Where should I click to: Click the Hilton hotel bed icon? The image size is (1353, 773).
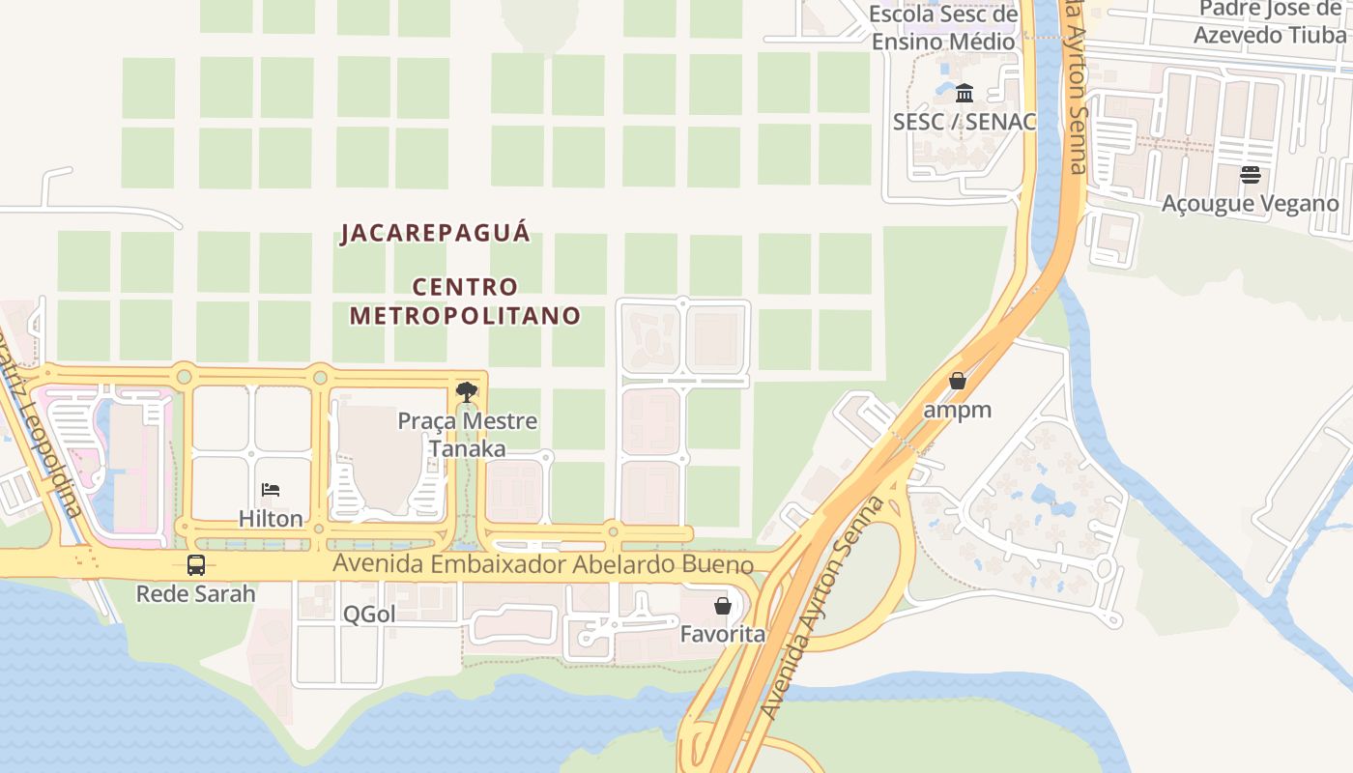271,490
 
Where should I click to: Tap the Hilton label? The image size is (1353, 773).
271,519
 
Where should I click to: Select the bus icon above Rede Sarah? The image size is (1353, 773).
196,565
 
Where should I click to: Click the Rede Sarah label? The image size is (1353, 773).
196,593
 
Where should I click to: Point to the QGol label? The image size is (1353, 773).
369,615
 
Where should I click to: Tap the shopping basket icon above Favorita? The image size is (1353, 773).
722,606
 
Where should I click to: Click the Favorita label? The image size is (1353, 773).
722,634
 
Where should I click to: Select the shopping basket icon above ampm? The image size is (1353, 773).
958,381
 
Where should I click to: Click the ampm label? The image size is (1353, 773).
958,410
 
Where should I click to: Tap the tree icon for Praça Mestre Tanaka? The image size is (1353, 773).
467,392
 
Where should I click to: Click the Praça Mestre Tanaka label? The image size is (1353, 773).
468,435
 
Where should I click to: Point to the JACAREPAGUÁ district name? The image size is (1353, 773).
436,234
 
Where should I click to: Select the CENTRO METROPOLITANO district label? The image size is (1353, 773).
465,301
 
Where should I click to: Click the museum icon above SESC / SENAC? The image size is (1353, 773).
964,94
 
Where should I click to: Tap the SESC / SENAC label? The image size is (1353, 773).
964,122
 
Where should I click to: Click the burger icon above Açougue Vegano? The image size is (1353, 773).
1251,175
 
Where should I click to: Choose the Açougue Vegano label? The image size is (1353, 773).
1251,203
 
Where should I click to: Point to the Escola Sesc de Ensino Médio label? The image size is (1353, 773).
943,27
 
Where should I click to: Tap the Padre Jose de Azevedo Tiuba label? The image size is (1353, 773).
1271,22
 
